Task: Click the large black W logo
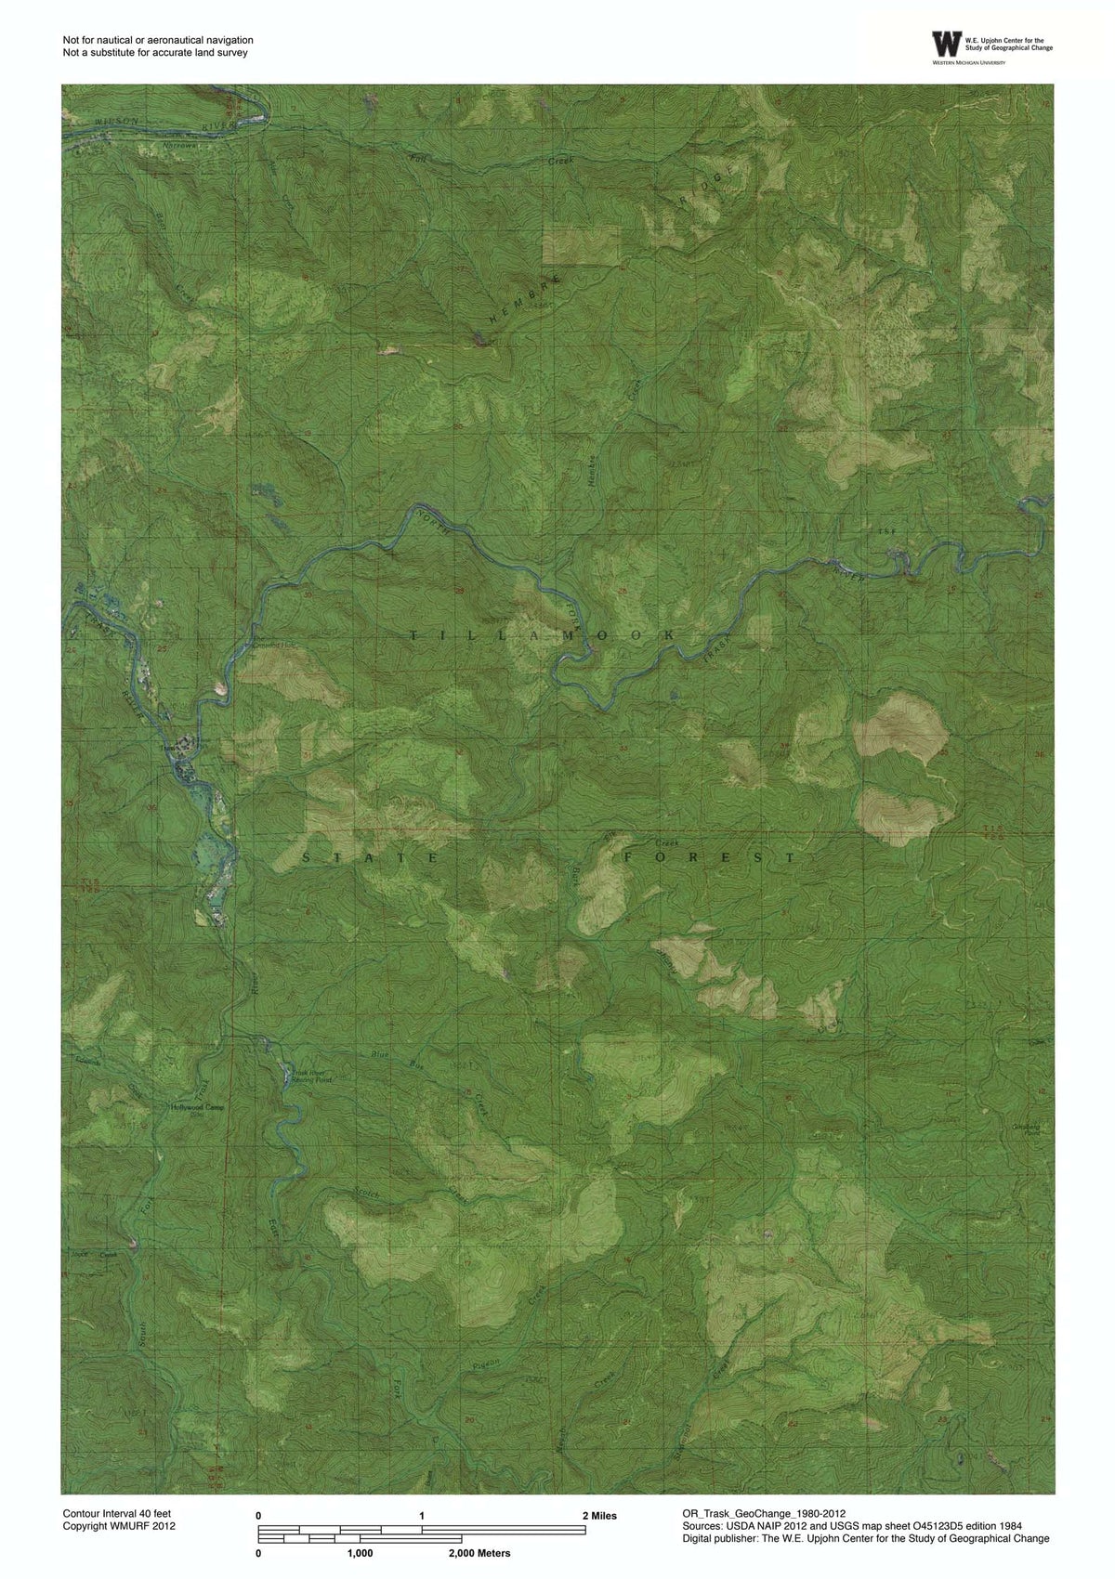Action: click(x=947, y=44)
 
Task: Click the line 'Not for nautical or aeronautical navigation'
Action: click(x=158, y=40)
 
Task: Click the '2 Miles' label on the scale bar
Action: click(x=599, y=1516)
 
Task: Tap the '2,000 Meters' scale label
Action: click(x=479, y=1553)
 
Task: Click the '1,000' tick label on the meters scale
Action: click(x=360, y=1553)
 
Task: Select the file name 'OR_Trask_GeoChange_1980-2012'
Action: click(x=764, y=1513)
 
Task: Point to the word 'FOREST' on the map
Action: click(x=710, y=857)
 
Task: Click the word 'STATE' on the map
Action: click(x=370, y=859)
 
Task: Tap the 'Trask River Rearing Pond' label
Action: click(x=306, y=1077)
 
